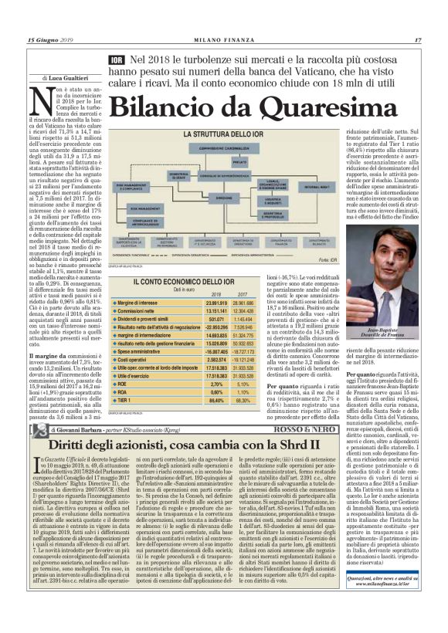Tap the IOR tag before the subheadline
pos(117,59)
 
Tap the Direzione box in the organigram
pos(223,197)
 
